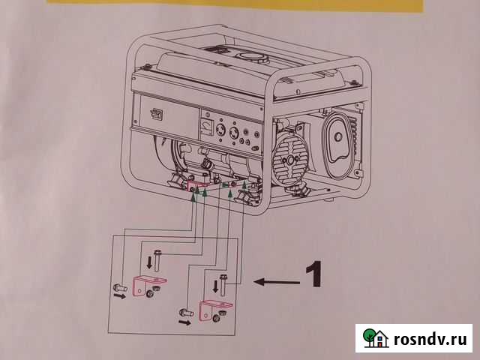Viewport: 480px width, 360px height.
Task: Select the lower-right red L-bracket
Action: (212, 308)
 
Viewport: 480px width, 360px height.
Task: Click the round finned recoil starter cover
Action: (290, 160)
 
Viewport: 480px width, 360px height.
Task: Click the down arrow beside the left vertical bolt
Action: (148, 262)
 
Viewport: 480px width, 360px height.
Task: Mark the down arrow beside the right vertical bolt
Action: (216, 286)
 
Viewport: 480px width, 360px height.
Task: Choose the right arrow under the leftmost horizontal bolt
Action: (120, 296)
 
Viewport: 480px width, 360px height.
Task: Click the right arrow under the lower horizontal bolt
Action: (184, 323)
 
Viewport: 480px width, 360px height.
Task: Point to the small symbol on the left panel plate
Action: (156, 114)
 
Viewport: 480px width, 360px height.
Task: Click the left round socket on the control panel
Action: (222, 131)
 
